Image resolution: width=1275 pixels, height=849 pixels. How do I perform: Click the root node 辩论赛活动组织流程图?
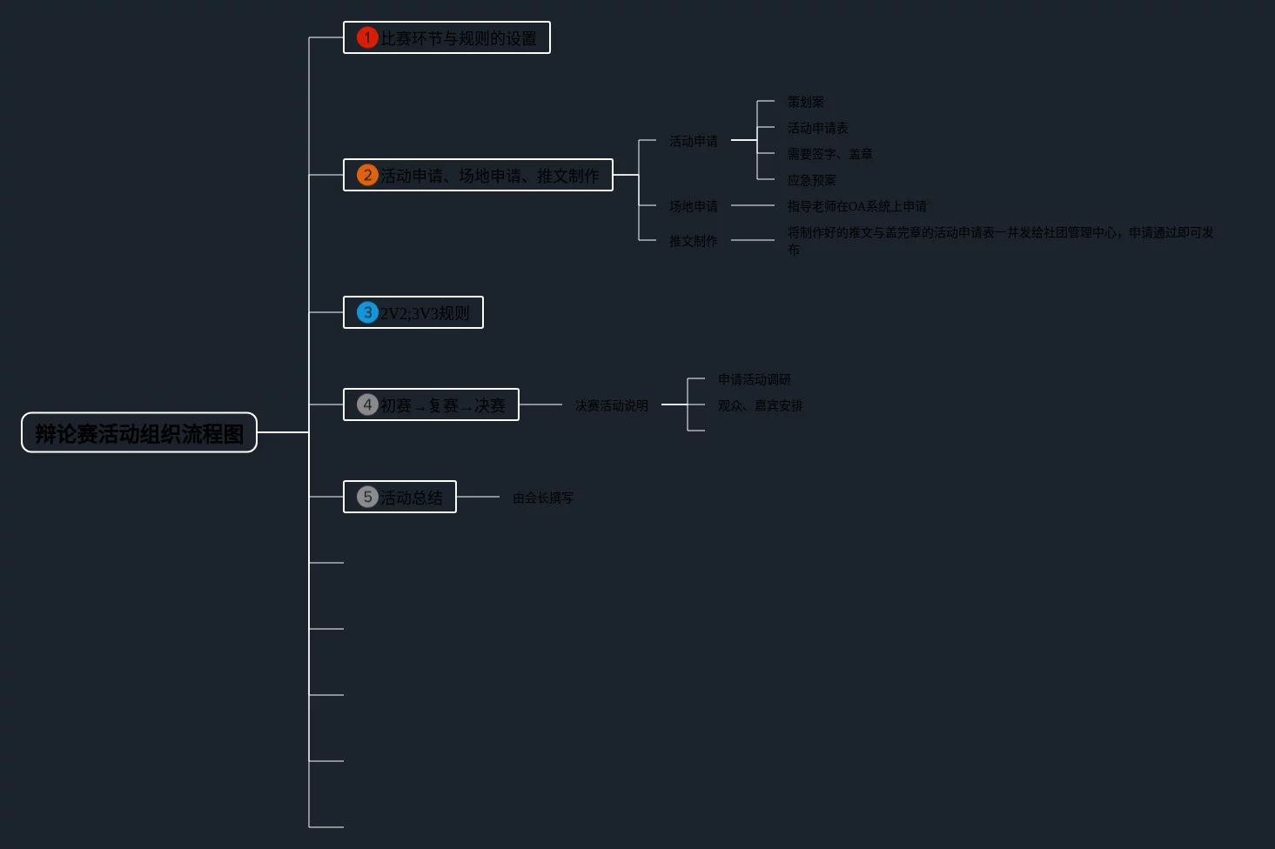[x=139, y=433]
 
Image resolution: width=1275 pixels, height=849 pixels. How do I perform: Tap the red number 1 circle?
[x=367, y=37]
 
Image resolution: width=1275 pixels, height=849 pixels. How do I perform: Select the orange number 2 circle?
[x=367, y=175]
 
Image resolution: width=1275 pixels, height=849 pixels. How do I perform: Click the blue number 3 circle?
[x=367, y=312]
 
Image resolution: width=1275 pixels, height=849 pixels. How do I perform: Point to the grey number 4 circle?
[x=367, y=404]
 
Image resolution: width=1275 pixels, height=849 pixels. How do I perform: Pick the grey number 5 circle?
[x=367, y=497]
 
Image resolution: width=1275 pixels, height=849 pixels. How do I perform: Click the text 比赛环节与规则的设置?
[x=459, y=38]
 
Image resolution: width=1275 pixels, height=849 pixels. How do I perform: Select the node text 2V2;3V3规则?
[x=425, y=313]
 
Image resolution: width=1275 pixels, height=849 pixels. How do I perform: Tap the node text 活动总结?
[x=412, y=498]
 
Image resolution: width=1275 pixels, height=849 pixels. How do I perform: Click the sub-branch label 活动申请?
[x=694, y=141]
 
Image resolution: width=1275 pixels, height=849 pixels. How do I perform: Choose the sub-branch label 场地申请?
[x=694, y=206]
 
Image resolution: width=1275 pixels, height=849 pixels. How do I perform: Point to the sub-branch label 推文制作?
[x=694, y=241]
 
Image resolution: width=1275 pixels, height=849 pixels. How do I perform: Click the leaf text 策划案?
[x=806, y=102]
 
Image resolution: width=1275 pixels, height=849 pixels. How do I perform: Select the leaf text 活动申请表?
[x=818, y=128]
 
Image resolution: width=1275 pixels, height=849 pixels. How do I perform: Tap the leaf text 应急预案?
[x=812, y=180]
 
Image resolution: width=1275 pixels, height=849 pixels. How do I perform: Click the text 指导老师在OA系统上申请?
[x=857, y=206]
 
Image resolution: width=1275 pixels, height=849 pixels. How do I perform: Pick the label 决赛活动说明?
[x=612, y=405]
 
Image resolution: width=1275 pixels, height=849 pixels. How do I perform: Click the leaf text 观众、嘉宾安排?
[x=761, y=405]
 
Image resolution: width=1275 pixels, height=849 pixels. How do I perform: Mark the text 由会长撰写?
[x=543, y=498]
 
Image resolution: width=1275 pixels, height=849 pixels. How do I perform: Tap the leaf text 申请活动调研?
[x=755, y=379]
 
